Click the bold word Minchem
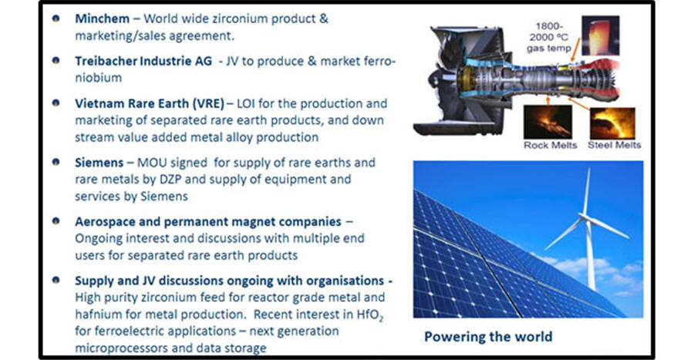[x=103, y=19]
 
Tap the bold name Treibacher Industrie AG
[x=143, y=61]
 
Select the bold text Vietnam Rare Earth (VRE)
[x=150, y=103]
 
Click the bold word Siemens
[x=99, y=163]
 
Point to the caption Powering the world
[x=488, y=337]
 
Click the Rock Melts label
[x=550, y=145]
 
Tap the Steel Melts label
[x=614, y=145]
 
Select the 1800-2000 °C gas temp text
[x=549, y=37]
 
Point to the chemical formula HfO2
[x=370, y=315]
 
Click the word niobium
[x=98, y=78]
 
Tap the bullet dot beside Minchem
[x=56, y=19]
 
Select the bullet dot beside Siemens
[x=56, y=162]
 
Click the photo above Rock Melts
[x=548, y=123]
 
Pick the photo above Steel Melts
[x=613, y=123]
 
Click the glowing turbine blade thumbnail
[x=600, y=35]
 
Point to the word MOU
[x=152, y=163]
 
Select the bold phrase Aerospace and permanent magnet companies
[x=208, y=221]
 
